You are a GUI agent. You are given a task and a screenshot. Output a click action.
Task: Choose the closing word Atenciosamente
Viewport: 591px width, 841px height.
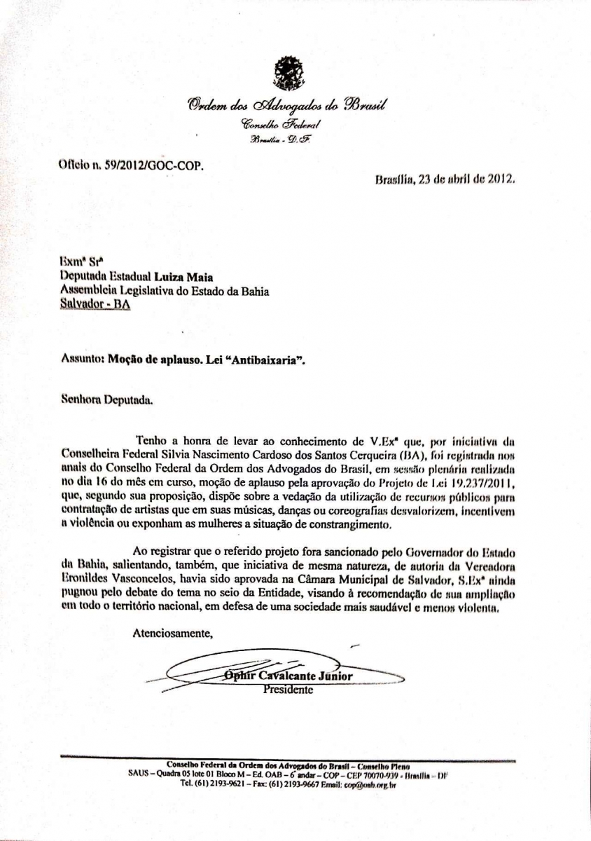coord(172,634)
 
